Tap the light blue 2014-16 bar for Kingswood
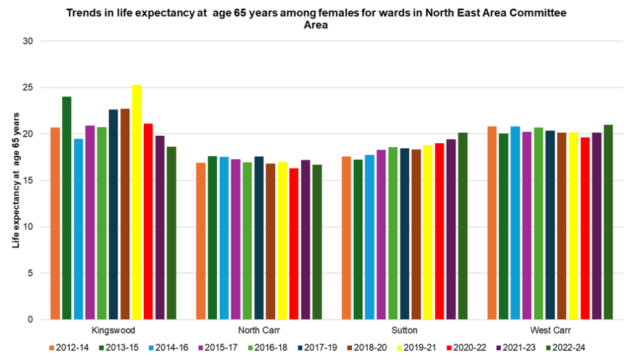78,229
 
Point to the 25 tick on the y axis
28,88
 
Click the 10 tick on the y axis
28,227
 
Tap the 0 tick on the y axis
30,320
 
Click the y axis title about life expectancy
16,180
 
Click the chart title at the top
315,19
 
